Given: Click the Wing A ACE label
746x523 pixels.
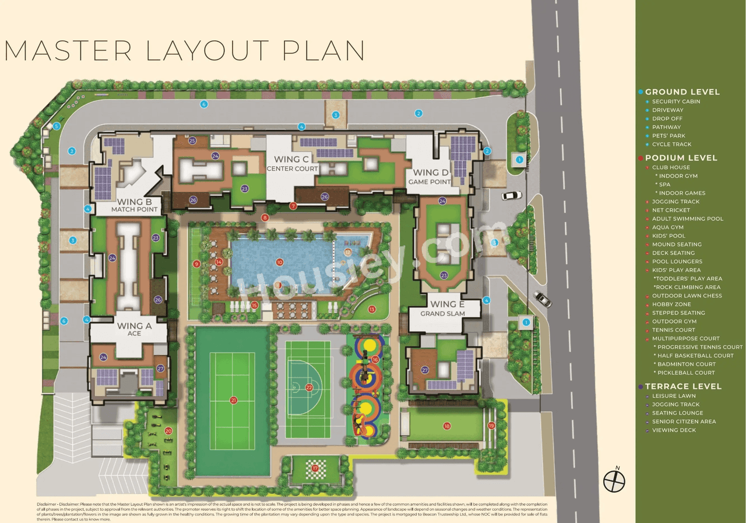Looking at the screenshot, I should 134,329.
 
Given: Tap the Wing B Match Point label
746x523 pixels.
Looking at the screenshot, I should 135,205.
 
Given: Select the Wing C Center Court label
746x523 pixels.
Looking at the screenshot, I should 292,163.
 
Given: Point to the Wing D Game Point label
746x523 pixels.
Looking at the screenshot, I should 431,176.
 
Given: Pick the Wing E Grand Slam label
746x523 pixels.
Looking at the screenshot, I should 443,308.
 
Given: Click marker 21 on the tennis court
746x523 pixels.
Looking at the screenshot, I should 233,400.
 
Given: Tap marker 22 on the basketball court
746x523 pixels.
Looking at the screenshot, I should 309,387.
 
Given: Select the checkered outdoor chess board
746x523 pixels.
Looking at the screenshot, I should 315,468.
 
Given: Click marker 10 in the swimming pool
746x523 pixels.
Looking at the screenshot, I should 280,262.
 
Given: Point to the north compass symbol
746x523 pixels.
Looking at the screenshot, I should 614,480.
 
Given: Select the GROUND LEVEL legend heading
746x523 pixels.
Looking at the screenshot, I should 682,92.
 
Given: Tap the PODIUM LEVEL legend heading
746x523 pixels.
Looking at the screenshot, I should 681,158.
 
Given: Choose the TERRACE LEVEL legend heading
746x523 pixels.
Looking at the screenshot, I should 683,387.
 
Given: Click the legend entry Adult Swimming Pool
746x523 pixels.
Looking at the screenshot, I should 687,219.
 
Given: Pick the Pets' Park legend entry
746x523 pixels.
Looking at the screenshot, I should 668,136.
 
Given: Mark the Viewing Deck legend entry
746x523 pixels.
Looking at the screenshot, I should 674,430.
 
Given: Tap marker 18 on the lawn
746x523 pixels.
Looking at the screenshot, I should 447,426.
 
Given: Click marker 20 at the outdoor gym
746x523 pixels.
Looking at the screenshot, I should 168,431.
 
